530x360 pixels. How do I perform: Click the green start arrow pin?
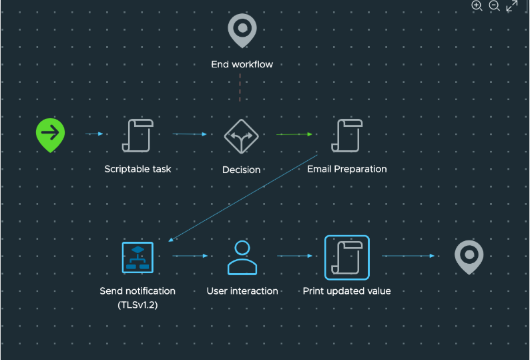[50, 134]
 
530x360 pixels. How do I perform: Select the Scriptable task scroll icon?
[138, 136]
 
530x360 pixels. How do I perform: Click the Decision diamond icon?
[241, 136]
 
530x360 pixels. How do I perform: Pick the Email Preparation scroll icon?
[347, 136]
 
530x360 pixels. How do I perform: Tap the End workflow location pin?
[242, 30]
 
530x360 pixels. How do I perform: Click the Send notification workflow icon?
[138, 257]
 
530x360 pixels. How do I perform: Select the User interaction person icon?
[242, 257]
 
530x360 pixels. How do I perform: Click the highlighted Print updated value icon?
[346, 257]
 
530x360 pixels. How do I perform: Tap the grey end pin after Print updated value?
[469, 257]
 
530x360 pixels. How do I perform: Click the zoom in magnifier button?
[477, 6]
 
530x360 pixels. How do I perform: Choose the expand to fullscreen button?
[512, 6]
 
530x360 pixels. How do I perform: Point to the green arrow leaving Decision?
[294, 134]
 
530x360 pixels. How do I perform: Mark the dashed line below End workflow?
[240, 86]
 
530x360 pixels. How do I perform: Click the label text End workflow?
[242, 65]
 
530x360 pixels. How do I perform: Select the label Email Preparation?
[346, 169]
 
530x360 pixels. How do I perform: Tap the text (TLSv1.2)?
[138, 304]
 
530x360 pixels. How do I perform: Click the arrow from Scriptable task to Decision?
[190, 134]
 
